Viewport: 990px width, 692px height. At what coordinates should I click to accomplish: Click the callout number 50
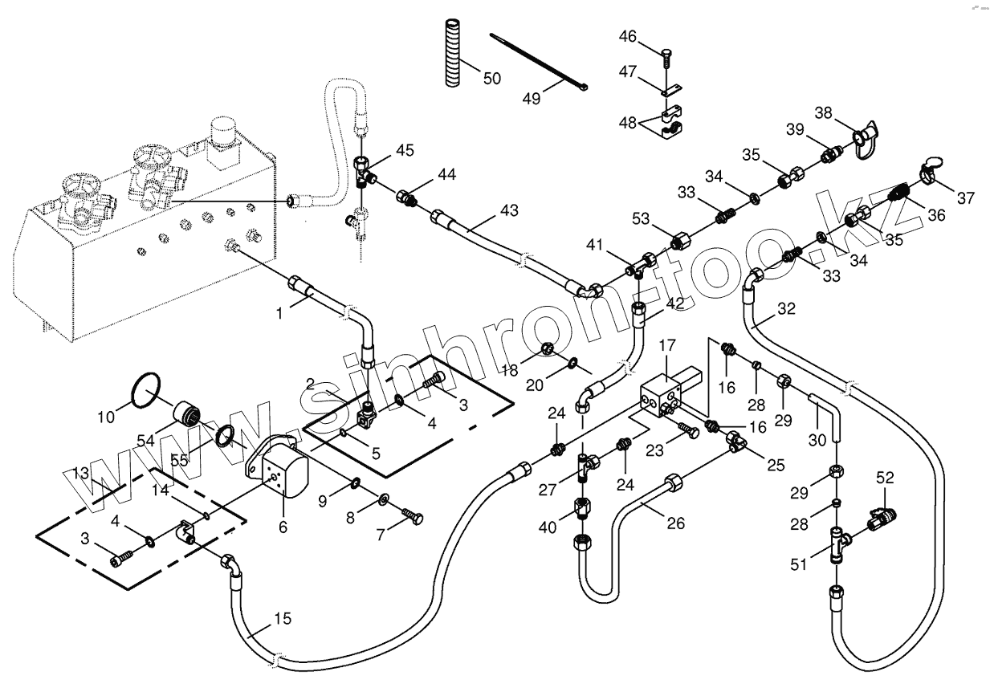pyautogui.click(x=491, y=78)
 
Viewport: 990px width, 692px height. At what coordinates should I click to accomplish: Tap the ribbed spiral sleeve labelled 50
pyautogui.click(x=449, y=51)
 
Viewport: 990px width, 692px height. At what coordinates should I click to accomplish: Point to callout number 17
pyautogui.click(x=668, y=347)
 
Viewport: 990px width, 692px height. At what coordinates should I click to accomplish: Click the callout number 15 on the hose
pyautogui.click(x=281, y=619)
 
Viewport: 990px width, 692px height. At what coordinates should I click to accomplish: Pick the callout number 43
pyautogui.click(x=509, y=211)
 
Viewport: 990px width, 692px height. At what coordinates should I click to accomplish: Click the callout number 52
pyautogui.click(x=884, y=477)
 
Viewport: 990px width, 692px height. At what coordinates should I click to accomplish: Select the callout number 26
pyautogui.click(x=676, y=523)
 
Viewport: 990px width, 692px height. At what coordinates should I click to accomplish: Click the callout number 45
pyautogui.click(x=405, y=150)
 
